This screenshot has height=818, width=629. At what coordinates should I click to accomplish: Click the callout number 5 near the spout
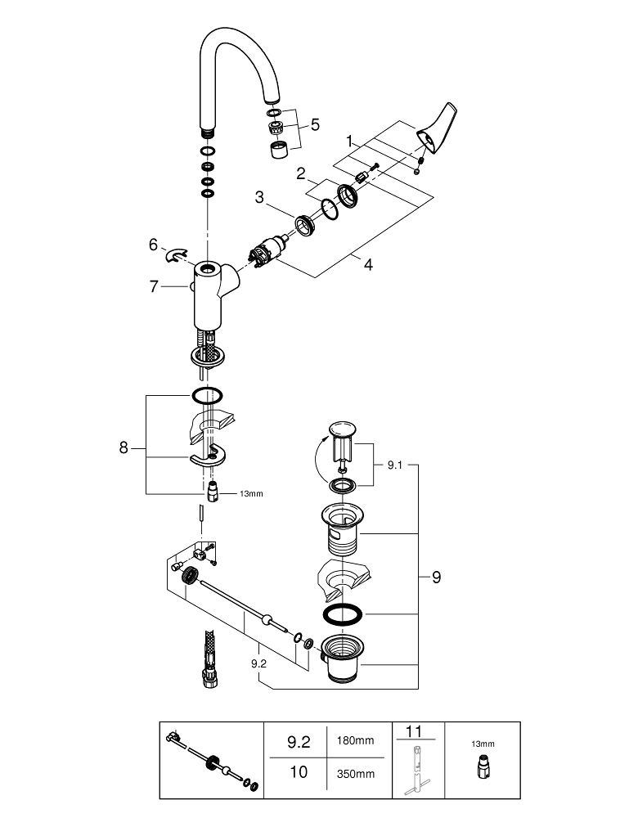(315, 125)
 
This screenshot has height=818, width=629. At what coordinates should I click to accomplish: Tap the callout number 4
(368, 265)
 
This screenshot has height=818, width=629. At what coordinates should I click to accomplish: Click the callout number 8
(124, 447)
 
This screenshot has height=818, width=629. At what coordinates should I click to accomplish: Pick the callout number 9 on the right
(436, 578)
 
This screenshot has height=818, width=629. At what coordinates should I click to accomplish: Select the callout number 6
(153, 244)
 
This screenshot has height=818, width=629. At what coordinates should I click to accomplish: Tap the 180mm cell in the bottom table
(356, 741)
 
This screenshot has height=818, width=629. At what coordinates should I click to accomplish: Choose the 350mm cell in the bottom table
(356, 773)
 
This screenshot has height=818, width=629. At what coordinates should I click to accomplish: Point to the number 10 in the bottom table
(299, 772)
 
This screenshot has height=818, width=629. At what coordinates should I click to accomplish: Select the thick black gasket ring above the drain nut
(342, 615)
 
